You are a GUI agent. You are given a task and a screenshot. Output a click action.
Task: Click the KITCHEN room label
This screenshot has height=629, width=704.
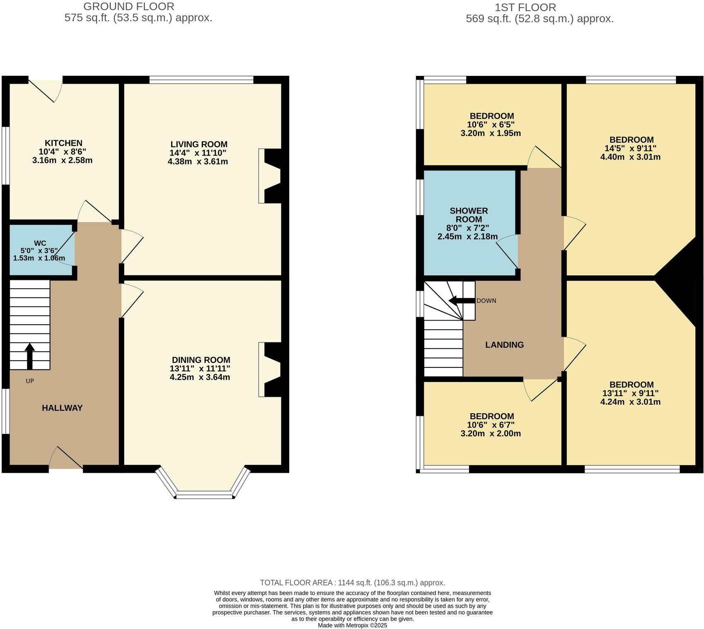pos(63,143)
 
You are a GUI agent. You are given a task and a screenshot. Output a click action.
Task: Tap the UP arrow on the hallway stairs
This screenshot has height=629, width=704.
pos(29,356)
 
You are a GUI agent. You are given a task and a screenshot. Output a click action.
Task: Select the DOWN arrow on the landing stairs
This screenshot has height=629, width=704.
pos(461,301)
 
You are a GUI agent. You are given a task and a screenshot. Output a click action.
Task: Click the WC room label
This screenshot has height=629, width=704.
pos(40,243)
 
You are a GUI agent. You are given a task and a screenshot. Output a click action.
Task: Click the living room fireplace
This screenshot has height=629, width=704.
pos(271,176)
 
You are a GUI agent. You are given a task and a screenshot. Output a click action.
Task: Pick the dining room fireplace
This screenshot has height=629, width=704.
pos(271,369)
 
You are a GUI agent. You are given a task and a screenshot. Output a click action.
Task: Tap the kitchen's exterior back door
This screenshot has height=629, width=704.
pos(46,88)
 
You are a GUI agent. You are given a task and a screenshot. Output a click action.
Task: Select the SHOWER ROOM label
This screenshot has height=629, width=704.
pos(469,215)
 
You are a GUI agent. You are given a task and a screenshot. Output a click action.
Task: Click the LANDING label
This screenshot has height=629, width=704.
pos(504,345)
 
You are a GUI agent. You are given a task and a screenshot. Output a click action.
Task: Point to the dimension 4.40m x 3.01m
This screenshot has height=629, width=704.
pos(630,157)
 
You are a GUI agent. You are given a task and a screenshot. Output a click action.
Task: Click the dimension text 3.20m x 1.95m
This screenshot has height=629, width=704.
pos(491,134)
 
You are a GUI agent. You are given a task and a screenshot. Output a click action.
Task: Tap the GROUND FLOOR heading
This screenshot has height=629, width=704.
pos(129,7)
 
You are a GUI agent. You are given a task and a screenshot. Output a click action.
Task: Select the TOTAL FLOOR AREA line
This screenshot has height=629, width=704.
pos(352,583)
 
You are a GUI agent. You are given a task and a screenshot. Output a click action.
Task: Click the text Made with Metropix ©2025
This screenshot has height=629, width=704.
pos(352,625)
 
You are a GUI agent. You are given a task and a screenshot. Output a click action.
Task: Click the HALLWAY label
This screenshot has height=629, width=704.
pos(62,408)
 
